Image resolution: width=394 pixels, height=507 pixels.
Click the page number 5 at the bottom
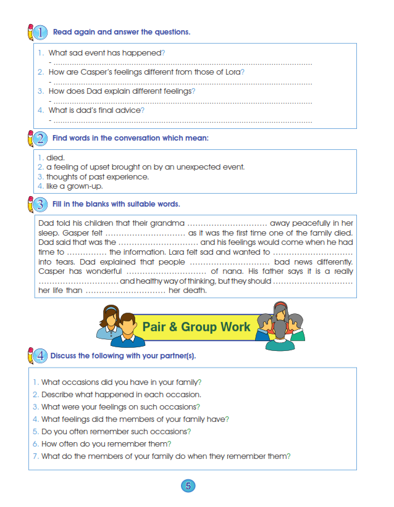tap(188, 485)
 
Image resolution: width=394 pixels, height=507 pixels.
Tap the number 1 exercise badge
tap(39, 32)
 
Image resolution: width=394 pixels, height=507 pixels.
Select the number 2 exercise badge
tap(39, 138)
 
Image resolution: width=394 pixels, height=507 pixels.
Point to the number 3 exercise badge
tap(39, 204)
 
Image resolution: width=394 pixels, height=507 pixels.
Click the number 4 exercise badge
tap(39, 356)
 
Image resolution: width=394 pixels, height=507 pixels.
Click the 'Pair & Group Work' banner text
tap(196, 326)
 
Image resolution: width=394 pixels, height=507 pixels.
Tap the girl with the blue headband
tap(110, 321)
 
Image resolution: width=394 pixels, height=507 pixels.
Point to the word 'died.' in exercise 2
tap(56, 158)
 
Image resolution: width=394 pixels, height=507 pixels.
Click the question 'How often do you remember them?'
tap(106, 443)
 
